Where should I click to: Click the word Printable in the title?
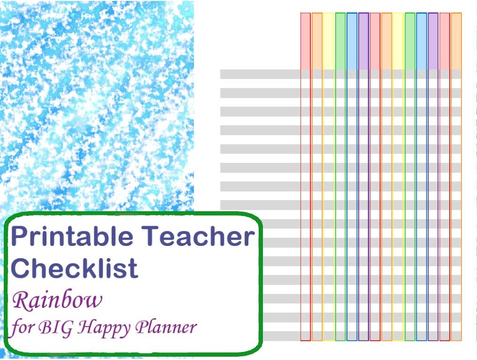(72, 237)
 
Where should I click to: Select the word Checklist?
(75, 268)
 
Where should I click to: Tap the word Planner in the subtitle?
(166, 327)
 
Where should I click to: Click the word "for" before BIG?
(22, 327)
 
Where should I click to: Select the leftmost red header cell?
(305, 41)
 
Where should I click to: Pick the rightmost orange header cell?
(456, 41)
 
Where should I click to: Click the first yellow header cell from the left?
(329, 41)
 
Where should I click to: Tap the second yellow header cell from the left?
(398, 41)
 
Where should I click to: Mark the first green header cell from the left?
(340, 41)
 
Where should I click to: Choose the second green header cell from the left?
(410, 41)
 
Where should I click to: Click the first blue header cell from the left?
(352, 41)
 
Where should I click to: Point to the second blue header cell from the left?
(421, 41)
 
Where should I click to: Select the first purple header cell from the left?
(363, 41)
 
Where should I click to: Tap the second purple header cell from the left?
(433, 41)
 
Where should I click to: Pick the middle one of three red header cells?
(375, 41)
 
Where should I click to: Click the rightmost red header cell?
(445, 41)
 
